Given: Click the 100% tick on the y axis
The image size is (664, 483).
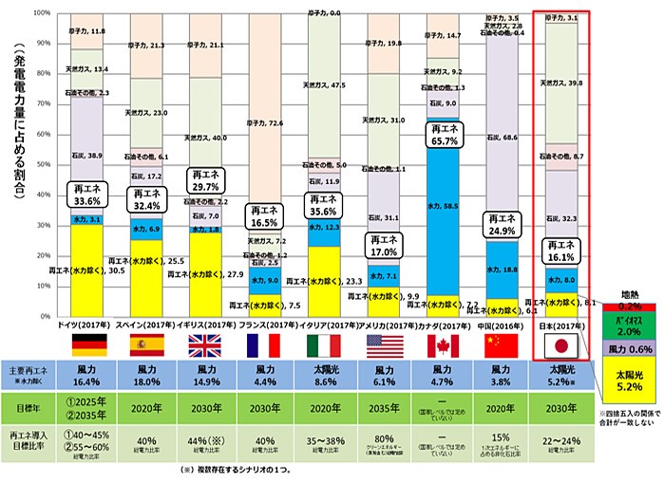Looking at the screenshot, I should pos(44,13).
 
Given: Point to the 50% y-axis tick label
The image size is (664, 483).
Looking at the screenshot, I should pos(46,164).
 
